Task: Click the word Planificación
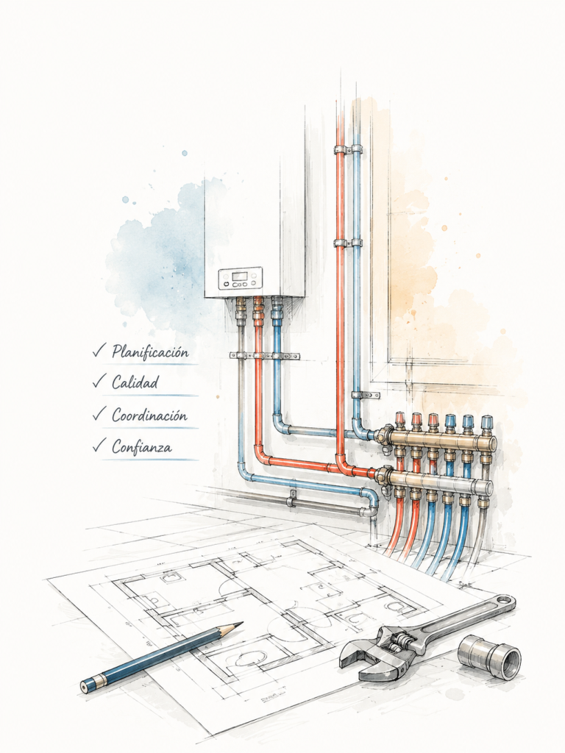[x=150, y=351]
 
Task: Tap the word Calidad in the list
[x=135, y=382]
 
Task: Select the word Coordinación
[x=149, y=415]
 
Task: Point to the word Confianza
[x=142, y=447]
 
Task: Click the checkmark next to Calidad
[x=99, y=382]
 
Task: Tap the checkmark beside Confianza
[x=99, y=446]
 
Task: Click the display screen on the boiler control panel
[x=240, y=276]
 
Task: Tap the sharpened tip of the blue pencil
[x=239, y=624]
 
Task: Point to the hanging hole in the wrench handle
[x=502, y=600]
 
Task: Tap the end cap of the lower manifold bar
[x=488, y=488]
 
